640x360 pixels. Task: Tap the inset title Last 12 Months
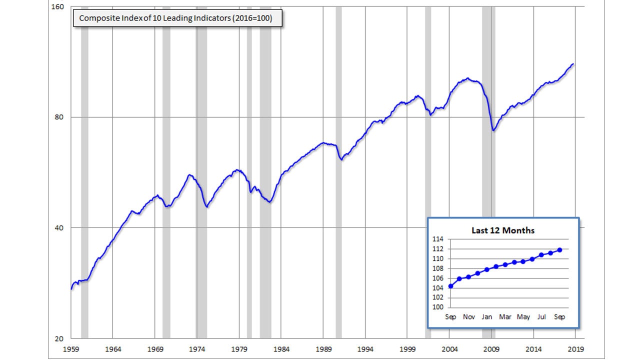(503, 230)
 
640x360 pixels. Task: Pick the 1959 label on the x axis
(70, 348)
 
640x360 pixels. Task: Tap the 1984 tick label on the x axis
(281, 348)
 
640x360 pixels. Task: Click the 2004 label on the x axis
(449, 348)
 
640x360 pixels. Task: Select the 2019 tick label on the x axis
(576, 348)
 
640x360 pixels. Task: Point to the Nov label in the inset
(468, 317)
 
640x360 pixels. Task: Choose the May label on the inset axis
(523, 317)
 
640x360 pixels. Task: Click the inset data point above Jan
(487, 269)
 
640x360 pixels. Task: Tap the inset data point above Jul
(541, 255)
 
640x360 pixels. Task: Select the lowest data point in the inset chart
(450, 286)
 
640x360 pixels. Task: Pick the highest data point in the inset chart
(559, 250)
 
